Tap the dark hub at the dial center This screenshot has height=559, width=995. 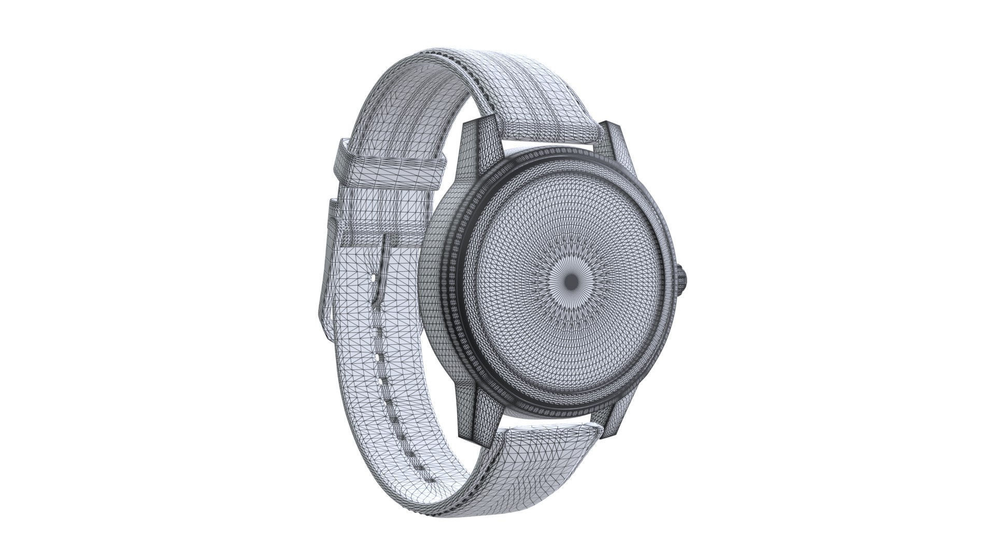tap(572, 282)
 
